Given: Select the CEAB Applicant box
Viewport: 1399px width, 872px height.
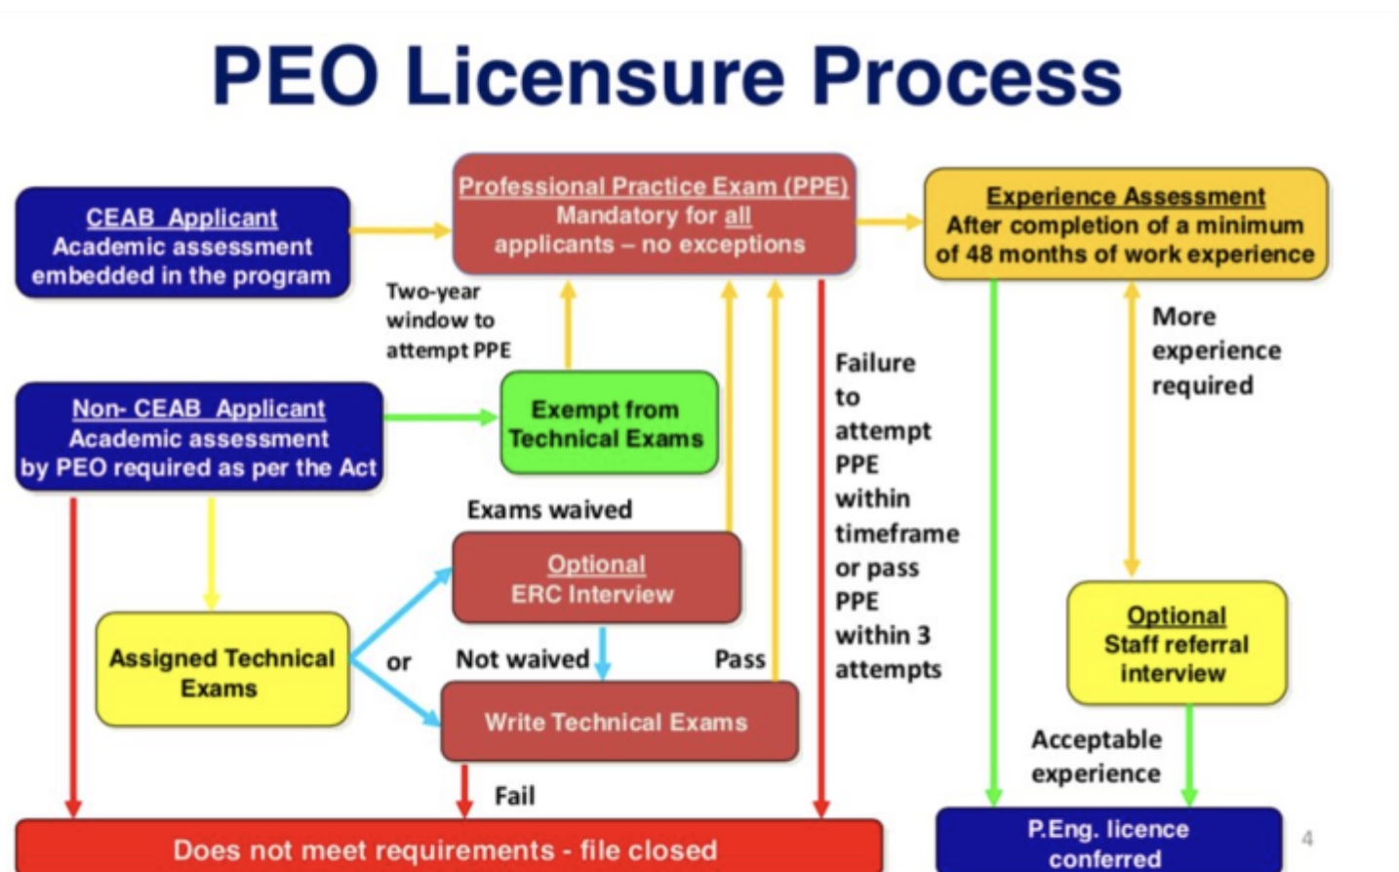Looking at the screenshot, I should pos(181,244).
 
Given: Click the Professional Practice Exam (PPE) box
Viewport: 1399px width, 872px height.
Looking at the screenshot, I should pos(654,215).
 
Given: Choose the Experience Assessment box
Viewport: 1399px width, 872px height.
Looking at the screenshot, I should pos(1125,224).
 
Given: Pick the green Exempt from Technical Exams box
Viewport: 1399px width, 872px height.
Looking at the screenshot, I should pos(607,423).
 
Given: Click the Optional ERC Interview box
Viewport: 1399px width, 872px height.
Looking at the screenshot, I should pos(595,577).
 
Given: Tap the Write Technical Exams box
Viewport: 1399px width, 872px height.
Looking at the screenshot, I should pos(618,722).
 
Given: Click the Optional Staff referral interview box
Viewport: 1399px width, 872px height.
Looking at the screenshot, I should pos(1176,644).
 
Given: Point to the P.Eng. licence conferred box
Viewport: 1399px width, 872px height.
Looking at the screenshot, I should pos(1108,841).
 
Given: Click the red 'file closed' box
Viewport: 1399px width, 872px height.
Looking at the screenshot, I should pos(447,848).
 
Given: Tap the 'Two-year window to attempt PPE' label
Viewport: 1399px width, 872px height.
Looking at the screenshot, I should pos(448,320).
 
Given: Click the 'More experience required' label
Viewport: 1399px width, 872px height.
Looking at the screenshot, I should pos(1216,350).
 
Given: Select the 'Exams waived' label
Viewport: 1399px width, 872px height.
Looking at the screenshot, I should pos(549,509).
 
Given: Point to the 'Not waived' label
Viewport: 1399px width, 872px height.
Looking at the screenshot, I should pos(522,659).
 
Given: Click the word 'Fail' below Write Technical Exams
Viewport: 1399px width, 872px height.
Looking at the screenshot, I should pos(514,796).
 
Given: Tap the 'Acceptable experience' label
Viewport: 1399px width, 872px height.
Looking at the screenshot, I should pos(1097,756).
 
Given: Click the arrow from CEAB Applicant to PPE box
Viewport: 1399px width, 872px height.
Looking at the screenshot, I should pos(400,231).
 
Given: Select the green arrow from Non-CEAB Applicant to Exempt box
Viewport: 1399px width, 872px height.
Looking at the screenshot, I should pos(440,417).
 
